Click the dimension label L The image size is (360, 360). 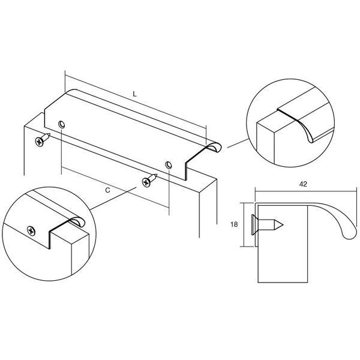[135, 94]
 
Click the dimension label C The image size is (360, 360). [107, 190]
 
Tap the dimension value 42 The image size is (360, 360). [303, 184]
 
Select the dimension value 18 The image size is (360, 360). [234, 224]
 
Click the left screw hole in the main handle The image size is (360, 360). [62, 124]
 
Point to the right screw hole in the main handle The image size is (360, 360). [169, 164]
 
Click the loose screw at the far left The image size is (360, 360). [43, 139]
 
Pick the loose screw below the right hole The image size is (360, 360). [149, 180]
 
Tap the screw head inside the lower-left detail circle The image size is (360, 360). [31, 231]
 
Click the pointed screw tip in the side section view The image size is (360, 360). [283, 225]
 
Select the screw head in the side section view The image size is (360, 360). [253, 225]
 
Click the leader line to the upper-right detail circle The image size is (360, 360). [238, 143]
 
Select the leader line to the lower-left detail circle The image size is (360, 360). [113, 199]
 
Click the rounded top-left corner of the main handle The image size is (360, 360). [71, 91]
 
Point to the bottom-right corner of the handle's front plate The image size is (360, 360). [185, 180]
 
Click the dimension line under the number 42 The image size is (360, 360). [306, 191]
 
